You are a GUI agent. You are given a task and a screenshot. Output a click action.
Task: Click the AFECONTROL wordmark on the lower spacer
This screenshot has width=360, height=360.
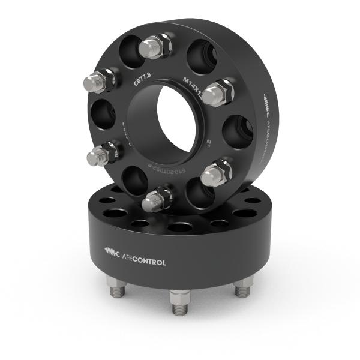144,262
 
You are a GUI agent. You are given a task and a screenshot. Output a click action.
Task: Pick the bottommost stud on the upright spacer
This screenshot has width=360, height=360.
157,199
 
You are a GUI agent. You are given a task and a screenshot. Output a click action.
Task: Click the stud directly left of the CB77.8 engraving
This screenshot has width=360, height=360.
100,80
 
